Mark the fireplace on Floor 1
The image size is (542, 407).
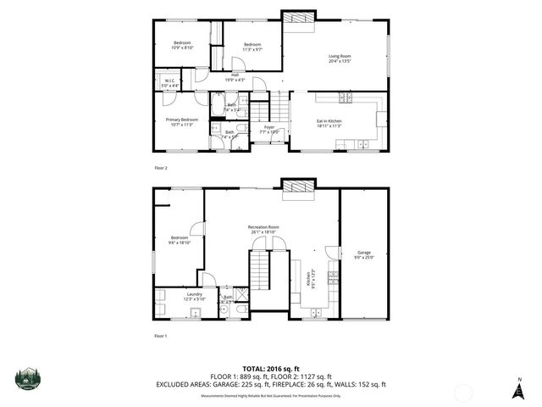tap(296, 186)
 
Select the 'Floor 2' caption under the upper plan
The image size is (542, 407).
tap(161, 169)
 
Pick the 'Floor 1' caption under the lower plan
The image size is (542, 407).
tap(161, 336)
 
